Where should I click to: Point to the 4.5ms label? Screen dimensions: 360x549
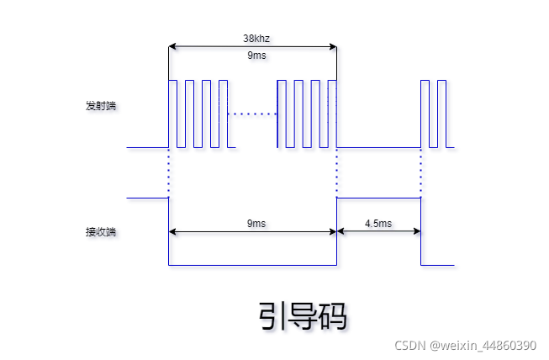tap(378, 224)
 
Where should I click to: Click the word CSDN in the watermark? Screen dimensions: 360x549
tap(411, 346)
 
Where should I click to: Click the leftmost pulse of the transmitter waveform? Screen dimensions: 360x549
tap(173, 114)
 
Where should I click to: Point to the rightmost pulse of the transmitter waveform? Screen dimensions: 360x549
tap(442, 114)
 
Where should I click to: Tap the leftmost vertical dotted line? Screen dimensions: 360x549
tap(169, 172)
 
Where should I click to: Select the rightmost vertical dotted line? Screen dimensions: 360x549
tap(420, 172)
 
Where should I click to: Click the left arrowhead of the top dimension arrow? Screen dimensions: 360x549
tap(172, 46)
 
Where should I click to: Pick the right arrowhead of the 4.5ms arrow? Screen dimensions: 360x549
tap(417, 231)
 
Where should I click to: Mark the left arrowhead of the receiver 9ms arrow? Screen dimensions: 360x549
tap(172, 231)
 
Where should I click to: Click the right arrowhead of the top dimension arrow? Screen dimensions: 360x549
tap(333, 46)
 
